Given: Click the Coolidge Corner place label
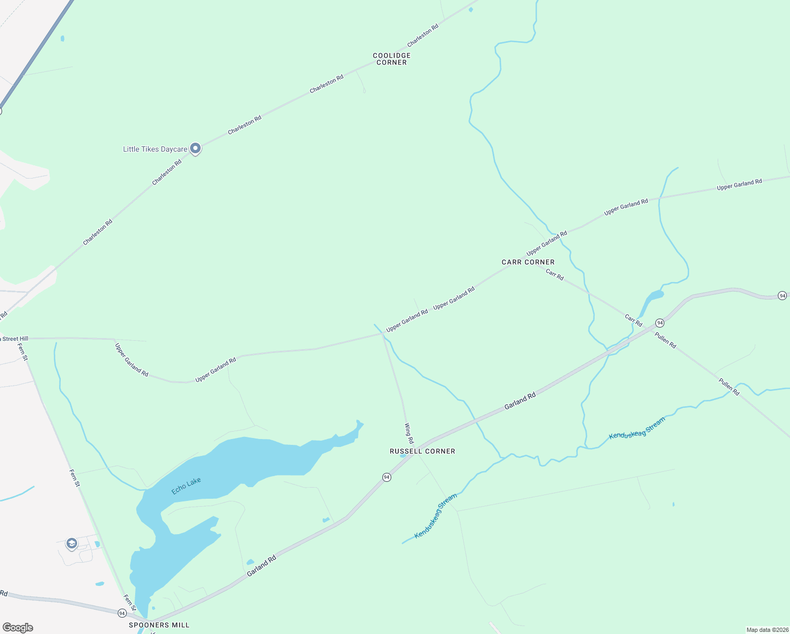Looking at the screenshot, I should tap(391, 59).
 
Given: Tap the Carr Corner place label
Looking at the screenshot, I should tap(528, 262).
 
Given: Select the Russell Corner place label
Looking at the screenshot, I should tap(422, 451).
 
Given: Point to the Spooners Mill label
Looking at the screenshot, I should tap(159, 625).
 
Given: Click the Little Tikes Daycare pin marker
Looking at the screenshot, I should tap(195, 148).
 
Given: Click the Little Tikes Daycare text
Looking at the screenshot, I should tap(155, 150).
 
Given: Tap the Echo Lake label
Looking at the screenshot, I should tap(186, 486).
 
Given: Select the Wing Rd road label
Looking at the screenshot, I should tap(409, 433).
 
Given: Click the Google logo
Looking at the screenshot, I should tap(18, 628).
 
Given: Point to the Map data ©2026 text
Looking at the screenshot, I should tap(766, 630).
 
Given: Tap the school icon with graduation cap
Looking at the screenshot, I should tap(71, 543).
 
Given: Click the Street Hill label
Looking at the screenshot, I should tap(15, 339).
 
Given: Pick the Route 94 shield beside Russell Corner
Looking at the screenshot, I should tap(387, 477).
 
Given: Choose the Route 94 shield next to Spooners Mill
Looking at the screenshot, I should tap(122, 613).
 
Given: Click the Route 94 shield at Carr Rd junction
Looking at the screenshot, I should tap(660, 322).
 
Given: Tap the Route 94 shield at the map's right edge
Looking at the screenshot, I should tap(782, 295).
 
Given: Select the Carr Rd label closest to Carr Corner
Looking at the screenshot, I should tap(554, 275).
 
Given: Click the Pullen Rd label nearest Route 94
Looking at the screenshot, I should tap(665, 340).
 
